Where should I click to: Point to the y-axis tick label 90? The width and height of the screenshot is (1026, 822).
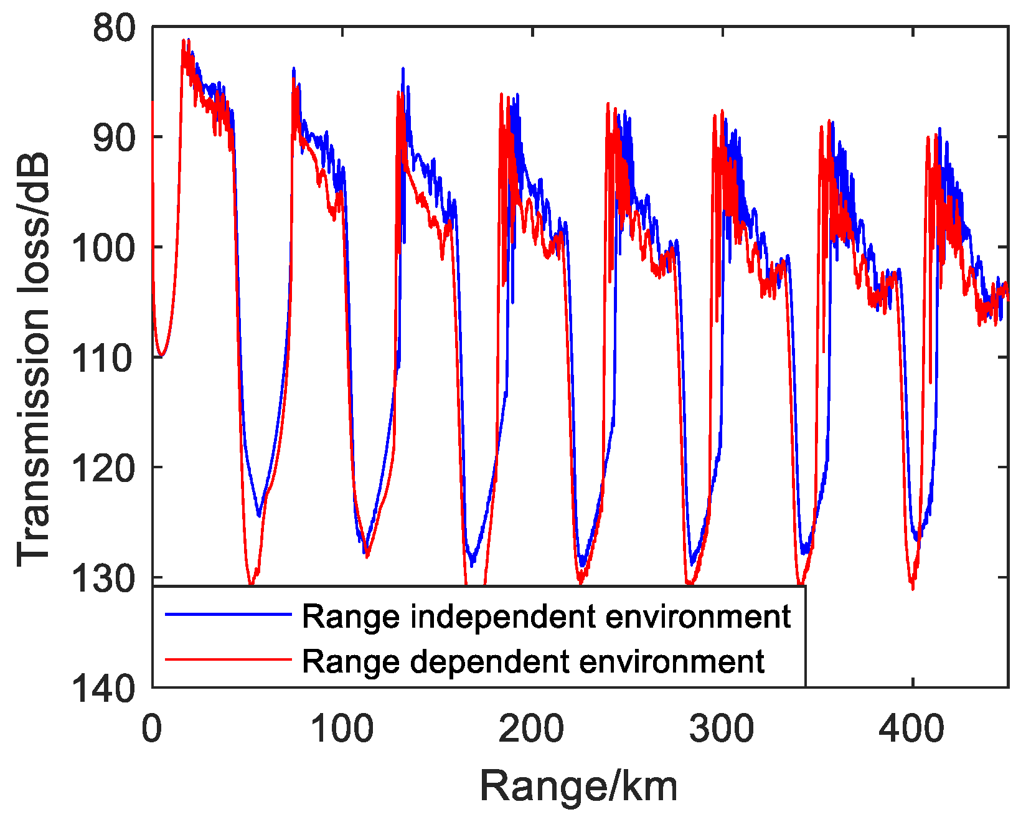click(113, 138)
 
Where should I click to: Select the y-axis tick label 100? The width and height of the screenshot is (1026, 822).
click(103, 248)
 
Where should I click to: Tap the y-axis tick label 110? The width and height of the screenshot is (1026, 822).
click(103, 358)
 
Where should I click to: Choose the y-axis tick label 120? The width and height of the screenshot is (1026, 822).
click(103, 468)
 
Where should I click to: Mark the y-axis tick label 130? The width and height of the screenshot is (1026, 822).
click(103, 578)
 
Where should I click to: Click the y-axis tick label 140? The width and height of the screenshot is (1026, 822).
click(103, 688)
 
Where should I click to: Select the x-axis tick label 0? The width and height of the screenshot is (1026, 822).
click(152, 727)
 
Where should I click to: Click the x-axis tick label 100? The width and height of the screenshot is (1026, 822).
click(342, 727)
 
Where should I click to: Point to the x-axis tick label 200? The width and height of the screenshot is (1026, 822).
click(532, 727)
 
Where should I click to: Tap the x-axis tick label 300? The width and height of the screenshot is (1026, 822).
click(722, 727)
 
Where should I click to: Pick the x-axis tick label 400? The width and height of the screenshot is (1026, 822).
click(912, 727)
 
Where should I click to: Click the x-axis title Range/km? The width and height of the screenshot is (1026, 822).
click(579, 786)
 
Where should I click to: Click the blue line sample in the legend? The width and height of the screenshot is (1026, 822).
click(228, 615)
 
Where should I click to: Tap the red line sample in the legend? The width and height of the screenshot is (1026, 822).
click(228, 659)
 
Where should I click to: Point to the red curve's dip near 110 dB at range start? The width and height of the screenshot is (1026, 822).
click(161, 356)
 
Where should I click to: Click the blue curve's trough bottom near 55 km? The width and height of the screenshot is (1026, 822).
click(259, 515)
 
